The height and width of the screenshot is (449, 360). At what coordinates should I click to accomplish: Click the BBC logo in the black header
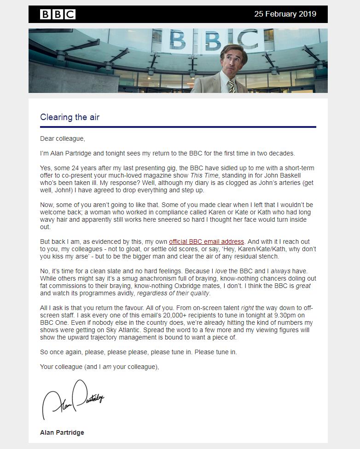58,14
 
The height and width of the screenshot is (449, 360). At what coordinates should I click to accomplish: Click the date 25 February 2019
285,14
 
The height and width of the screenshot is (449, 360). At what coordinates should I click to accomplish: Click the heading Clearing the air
70,117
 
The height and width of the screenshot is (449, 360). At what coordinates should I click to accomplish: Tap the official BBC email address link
206,242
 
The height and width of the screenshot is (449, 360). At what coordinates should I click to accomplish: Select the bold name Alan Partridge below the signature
62,432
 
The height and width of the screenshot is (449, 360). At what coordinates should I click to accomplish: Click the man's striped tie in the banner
231,86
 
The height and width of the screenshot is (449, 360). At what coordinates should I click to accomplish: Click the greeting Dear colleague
62,138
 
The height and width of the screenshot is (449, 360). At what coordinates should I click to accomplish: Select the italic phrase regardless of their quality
174,293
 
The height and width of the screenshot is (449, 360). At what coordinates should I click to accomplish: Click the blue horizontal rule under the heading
178,127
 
